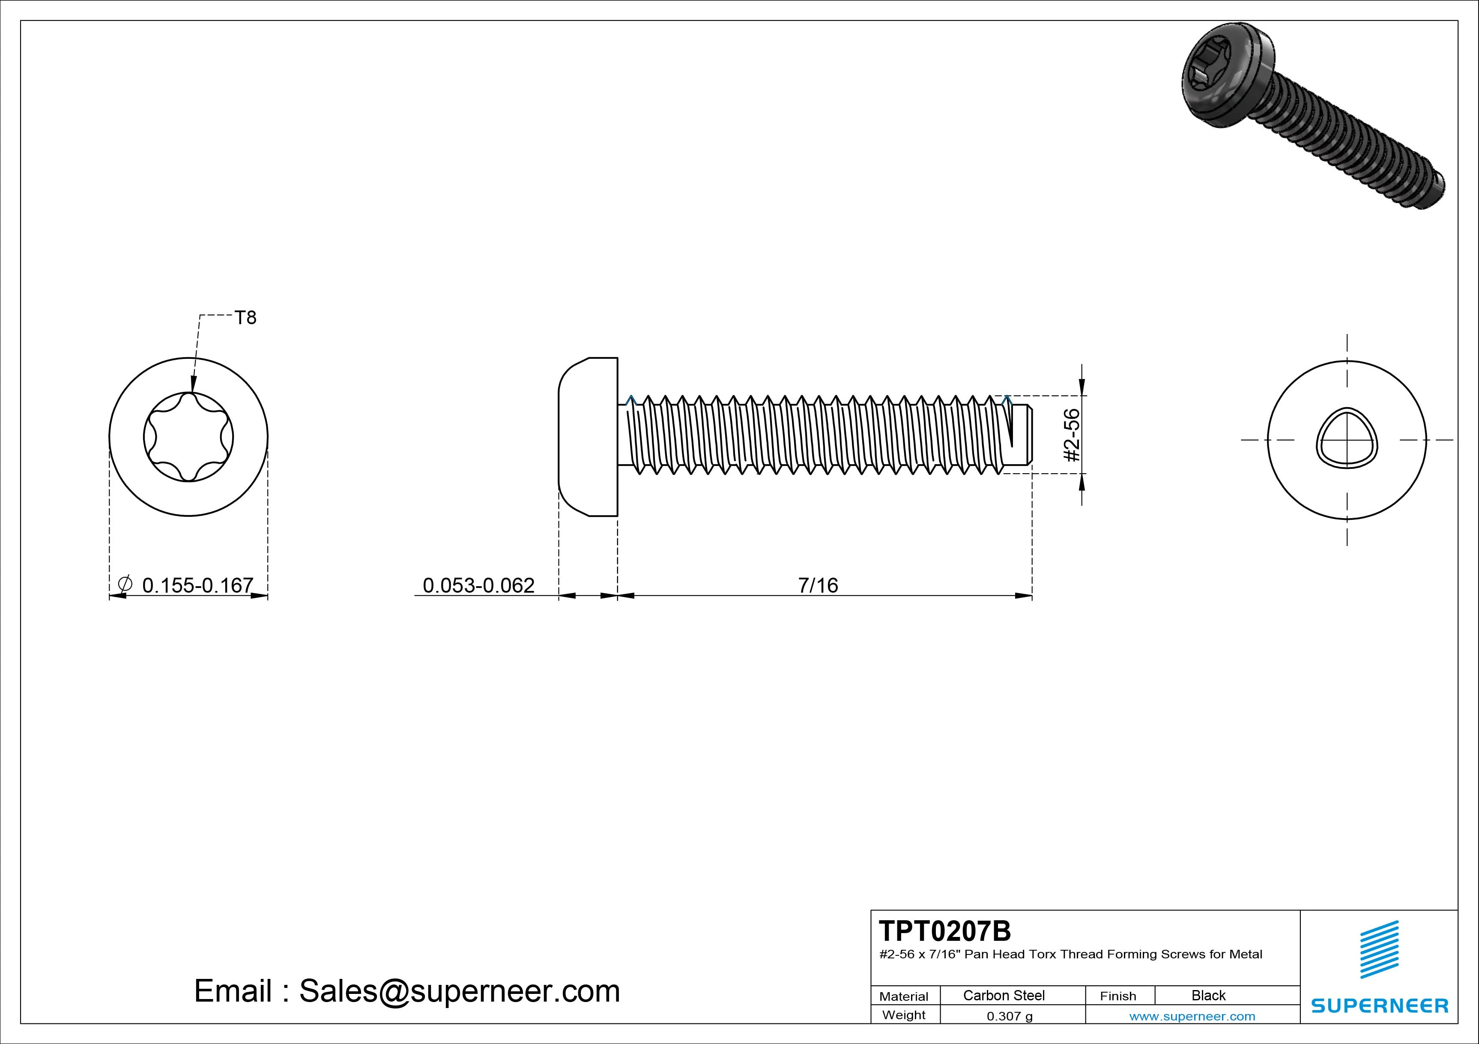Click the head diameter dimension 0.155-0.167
(197, 585)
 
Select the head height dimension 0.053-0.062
(478, 585)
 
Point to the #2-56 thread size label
(1071, 435)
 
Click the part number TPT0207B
(944, 931)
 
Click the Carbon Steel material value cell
(1004, 995)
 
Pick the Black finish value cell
(1208, 995)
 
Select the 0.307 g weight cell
(1010, 1016)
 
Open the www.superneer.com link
(1192, 1016)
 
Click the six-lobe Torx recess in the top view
(188, 437)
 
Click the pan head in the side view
(588, 437)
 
